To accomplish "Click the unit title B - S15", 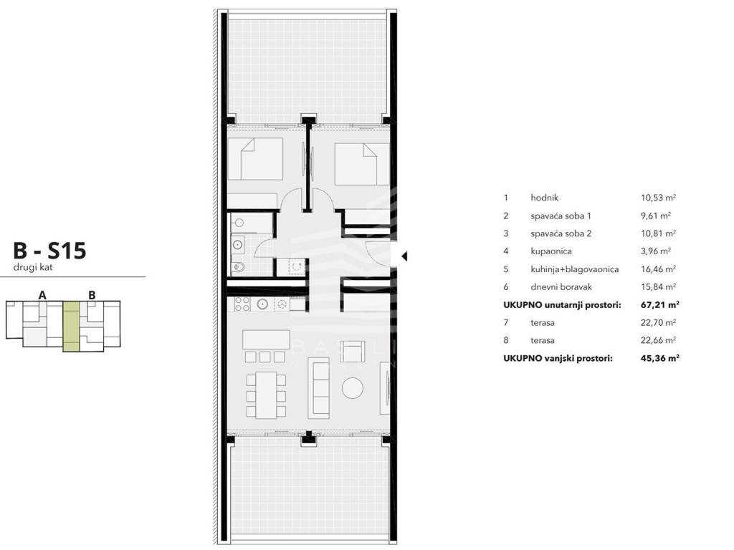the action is pos(49,251).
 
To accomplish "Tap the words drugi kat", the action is pos(33,268).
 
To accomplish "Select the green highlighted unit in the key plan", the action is pos(71,326).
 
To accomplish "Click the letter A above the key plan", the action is pos(42,295).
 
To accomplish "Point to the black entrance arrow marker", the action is pos(404,256).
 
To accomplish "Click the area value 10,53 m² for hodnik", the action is pos(658,198).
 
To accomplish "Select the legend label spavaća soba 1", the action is pos(561,216).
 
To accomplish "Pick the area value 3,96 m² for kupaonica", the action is pos(656,251).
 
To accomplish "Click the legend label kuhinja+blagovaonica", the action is pos(574,269).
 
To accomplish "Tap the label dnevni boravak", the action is pos(561,287).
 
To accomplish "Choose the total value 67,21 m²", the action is pos(660,305).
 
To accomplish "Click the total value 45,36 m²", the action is pos(660,358).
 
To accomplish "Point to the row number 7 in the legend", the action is pos(505,323).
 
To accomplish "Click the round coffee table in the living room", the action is pos(353,387).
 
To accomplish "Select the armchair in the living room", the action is pos(352,351).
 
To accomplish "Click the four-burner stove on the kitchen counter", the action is pos(242,304).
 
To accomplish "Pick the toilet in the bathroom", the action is pos(238,267).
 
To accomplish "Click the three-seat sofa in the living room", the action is pos(319,387).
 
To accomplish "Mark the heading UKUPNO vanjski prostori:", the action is pos(558,358).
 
